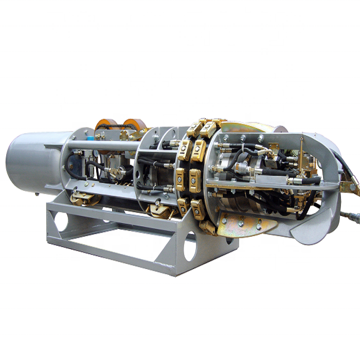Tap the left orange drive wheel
105,126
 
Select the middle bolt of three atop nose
241,139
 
